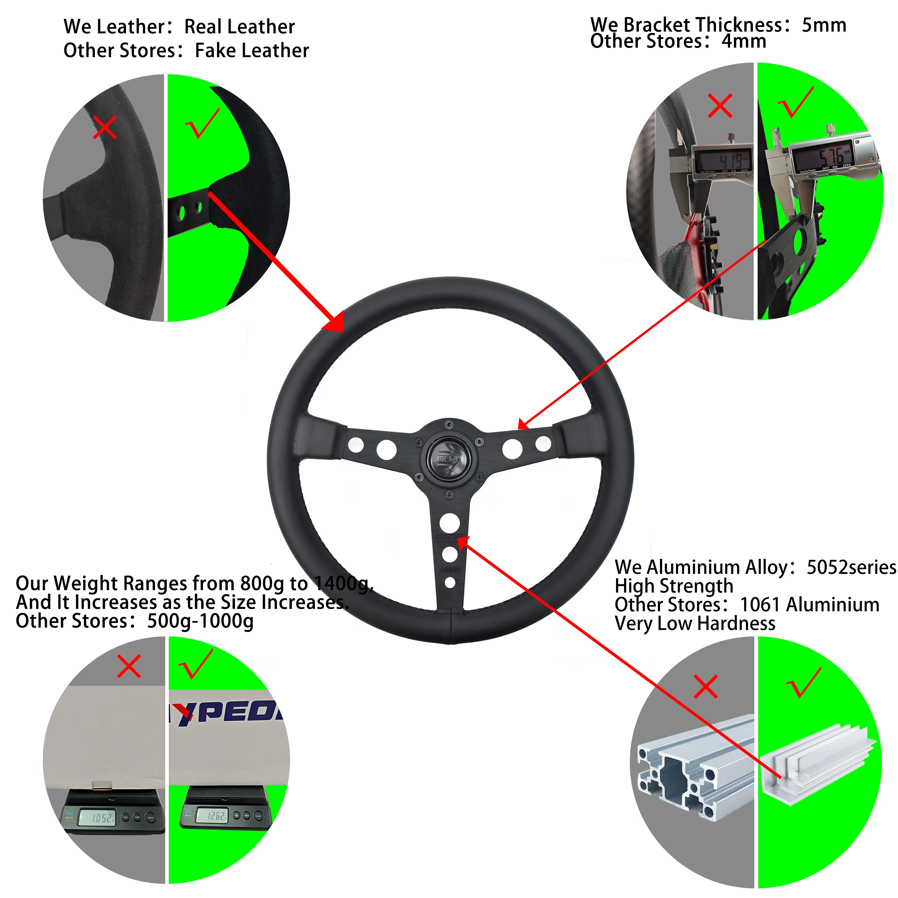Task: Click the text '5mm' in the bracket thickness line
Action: [x=824, y=25]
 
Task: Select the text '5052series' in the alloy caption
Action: [x=851, y=568]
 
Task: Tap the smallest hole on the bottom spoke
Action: [x=450, y=583]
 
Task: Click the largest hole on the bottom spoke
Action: [x=450, y=522]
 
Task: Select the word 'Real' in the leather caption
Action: [x=205, y=27]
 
